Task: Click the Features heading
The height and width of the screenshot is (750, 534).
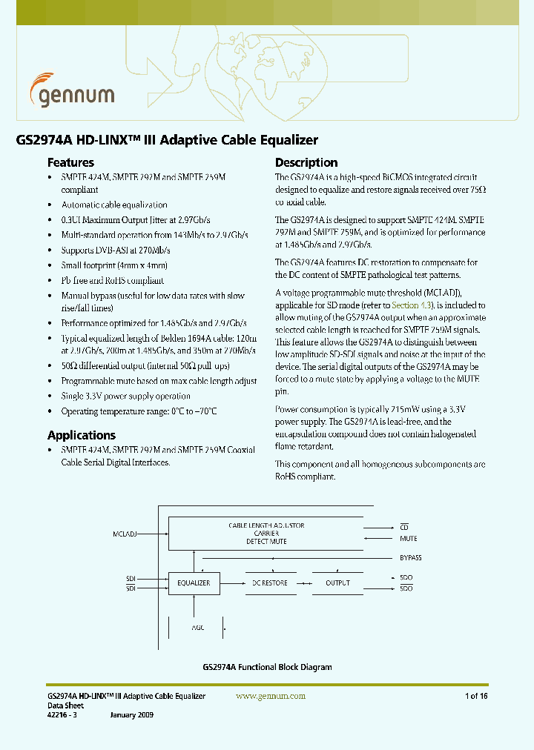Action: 70,162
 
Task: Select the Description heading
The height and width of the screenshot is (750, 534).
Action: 306,162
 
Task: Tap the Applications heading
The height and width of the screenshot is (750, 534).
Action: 82,435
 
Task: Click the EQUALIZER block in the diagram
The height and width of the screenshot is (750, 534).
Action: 193,583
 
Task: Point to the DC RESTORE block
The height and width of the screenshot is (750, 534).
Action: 269,583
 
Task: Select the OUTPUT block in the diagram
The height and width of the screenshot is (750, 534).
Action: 337,583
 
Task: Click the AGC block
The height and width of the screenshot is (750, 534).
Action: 196,628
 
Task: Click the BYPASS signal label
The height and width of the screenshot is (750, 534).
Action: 410,558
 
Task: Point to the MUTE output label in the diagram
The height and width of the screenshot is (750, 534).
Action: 408,539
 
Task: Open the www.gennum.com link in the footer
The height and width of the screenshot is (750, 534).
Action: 271,696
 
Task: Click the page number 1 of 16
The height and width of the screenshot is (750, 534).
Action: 475,696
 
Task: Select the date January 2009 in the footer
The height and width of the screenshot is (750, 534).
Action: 133,715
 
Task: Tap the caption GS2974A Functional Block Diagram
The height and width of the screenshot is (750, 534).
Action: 267,667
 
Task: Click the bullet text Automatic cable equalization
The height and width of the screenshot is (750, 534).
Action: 114,205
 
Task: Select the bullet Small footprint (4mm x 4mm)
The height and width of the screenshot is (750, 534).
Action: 114,265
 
